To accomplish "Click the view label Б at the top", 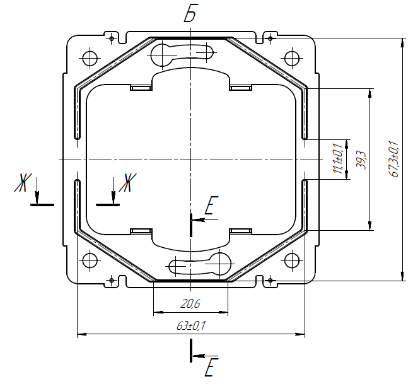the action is (190, 13).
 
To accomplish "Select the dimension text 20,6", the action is (190, 304).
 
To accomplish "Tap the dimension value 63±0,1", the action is (190, 326).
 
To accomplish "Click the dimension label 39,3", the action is (361, 160).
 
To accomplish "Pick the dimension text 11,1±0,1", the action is (338, 159).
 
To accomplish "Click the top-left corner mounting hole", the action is (90, 58).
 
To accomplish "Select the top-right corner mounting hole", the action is (292, 58).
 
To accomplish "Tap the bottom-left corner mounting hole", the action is (90, 260).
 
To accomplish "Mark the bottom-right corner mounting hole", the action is (292, 260).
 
